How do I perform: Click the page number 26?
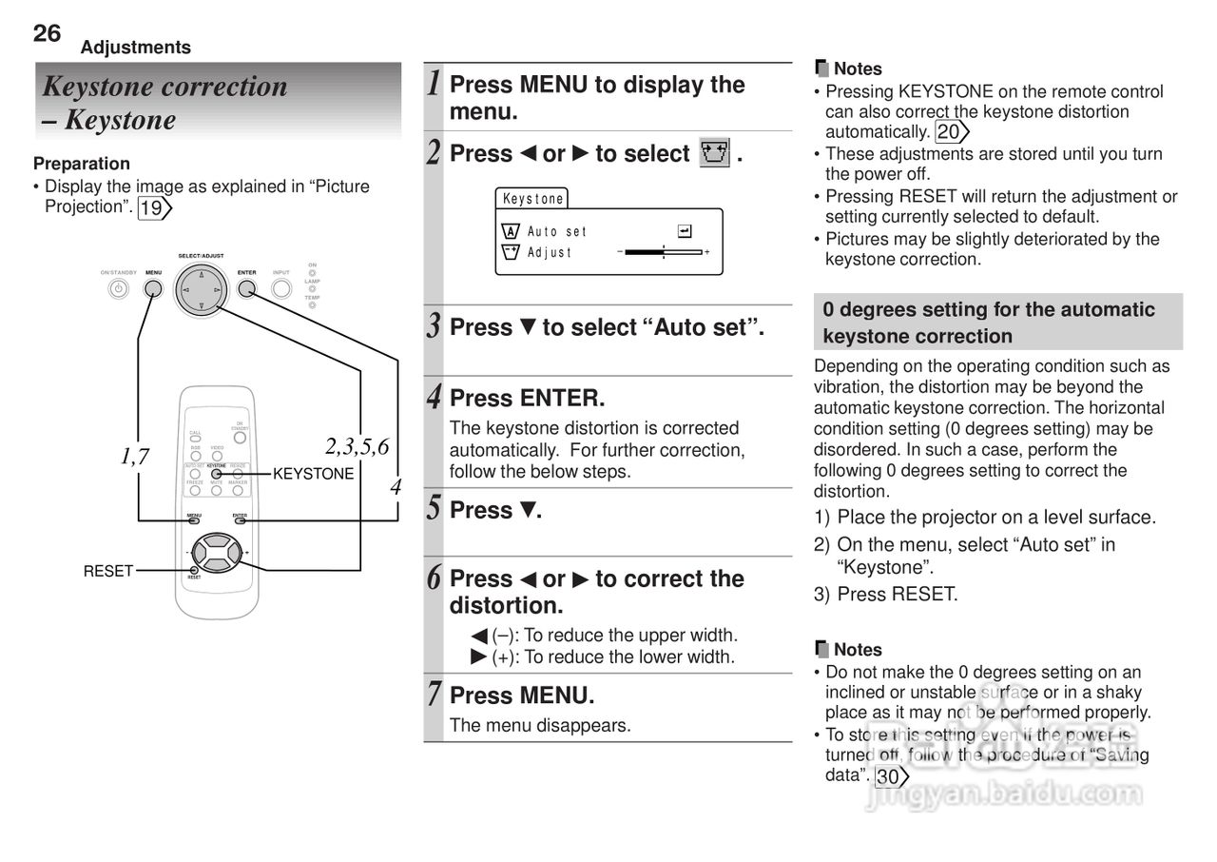point(47,33)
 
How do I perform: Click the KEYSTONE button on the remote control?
point(217,474)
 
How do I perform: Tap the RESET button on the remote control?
point(194,570)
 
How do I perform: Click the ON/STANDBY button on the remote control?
point(239,439)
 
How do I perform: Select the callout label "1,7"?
point(136,457)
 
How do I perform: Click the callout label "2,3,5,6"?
point(357,446)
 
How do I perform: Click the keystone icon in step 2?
point(714,153)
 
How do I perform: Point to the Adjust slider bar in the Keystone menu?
point(664,252)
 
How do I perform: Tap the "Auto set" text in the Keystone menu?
point(557,231)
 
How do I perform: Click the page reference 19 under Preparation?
point(153,207)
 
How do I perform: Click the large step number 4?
point(434,395)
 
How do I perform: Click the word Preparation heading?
point(82,164)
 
